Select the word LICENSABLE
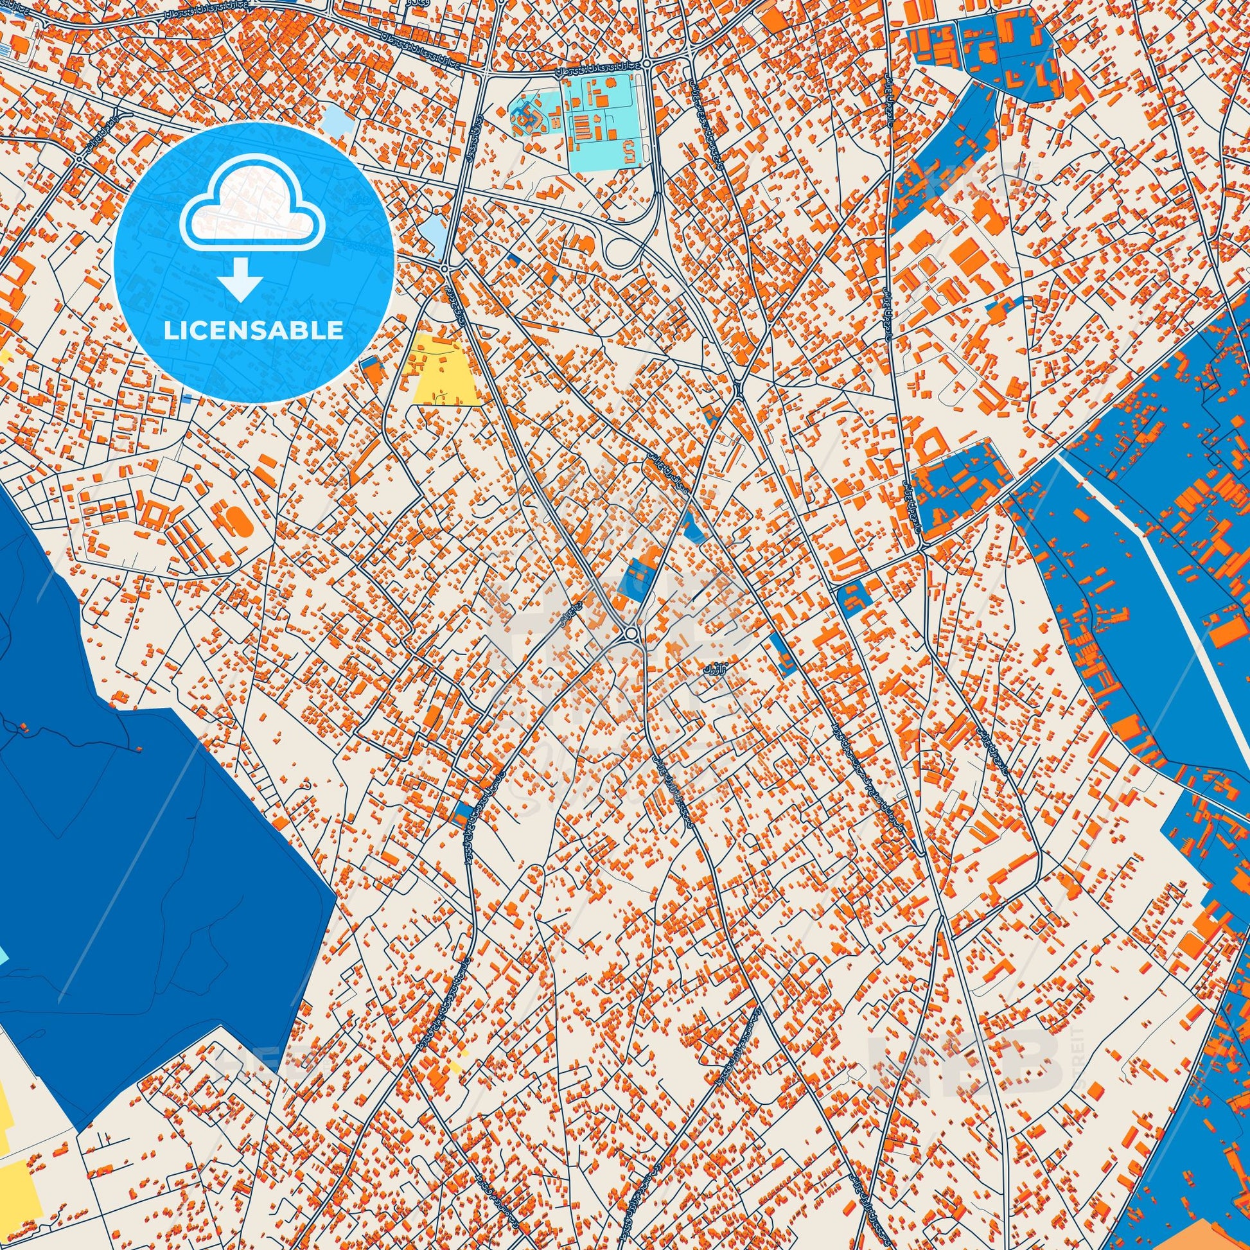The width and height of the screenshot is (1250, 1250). pyautogui.click(x=254, y=331)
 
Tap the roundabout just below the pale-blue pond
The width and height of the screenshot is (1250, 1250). pyautogui.click(x=445, y=267)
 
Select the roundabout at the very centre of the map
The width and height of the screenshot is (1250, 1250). pyautogui.click(x=630, y=631)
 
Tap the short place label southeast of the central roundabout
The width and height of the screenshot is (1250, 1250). pyautogui.click(x=714, y=666)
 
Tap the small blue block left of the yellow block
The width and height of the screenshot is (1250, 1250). pyautogui.click(x=370, y=364)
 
